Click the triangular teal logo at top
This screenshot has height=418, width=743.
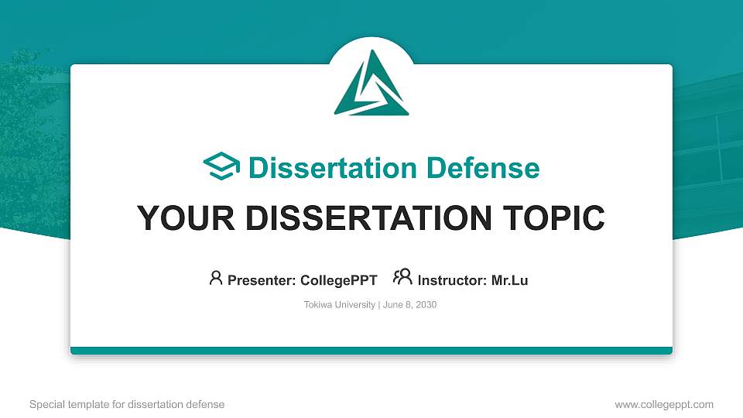[371, 84]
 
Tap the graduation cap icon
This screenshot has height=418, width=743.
[221, 167]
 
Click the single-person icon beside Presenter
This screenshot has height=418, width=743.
[216, 278]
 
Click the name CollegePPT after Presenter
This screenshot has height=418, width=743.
[338, 280]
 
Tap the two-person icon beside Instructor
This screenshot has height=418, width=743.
[402, 277]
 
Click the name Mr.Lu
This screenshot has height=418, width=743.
[510, 280]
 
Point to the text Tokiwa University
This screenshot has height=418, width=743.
[339, 305]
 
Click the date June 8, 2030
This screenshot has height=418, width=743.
[409, 305]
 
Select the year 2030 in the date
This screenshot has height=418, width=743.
[426, 305]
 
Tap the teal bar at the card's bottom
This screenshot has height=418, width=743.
[371, 351]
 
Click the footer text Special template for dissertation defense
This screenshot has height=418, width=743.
[127, 404]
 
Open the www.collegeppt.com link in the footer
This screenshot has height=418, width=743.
[664, 404]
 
